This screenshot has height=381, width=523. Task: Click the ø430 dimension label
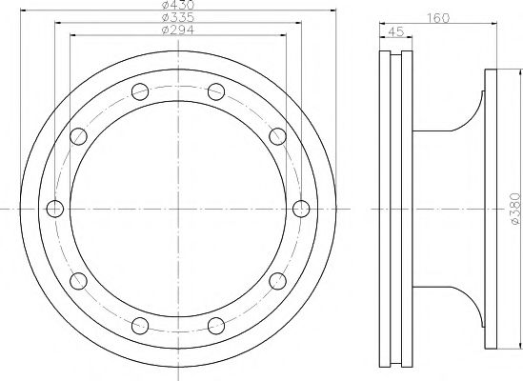click(x=177, y=5)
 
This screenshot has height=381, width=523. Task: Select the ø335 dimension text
click(x=177, y=17)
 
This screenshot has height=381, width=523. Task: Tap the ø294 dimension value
click(x=177, y=30)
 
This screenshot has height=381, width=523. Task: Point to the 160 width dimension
click(x=438, y=18)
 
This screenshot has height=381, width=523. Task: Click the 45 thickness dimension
click(x=396, y=31)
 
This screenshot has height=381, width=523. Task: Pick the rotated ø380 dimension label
click(x=515, y=209)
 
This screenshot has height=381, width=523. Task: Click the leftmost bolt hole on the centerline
click(x=55, y=209)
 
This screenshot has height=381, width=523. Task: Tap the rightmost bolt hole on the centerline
click(x=301, y=209)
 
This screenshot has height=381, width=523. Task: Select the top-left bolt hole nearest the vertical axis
click(x=140, y=91)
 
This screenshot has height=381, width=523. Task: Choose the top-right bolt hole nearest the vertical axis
click(x=216, y=91)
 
